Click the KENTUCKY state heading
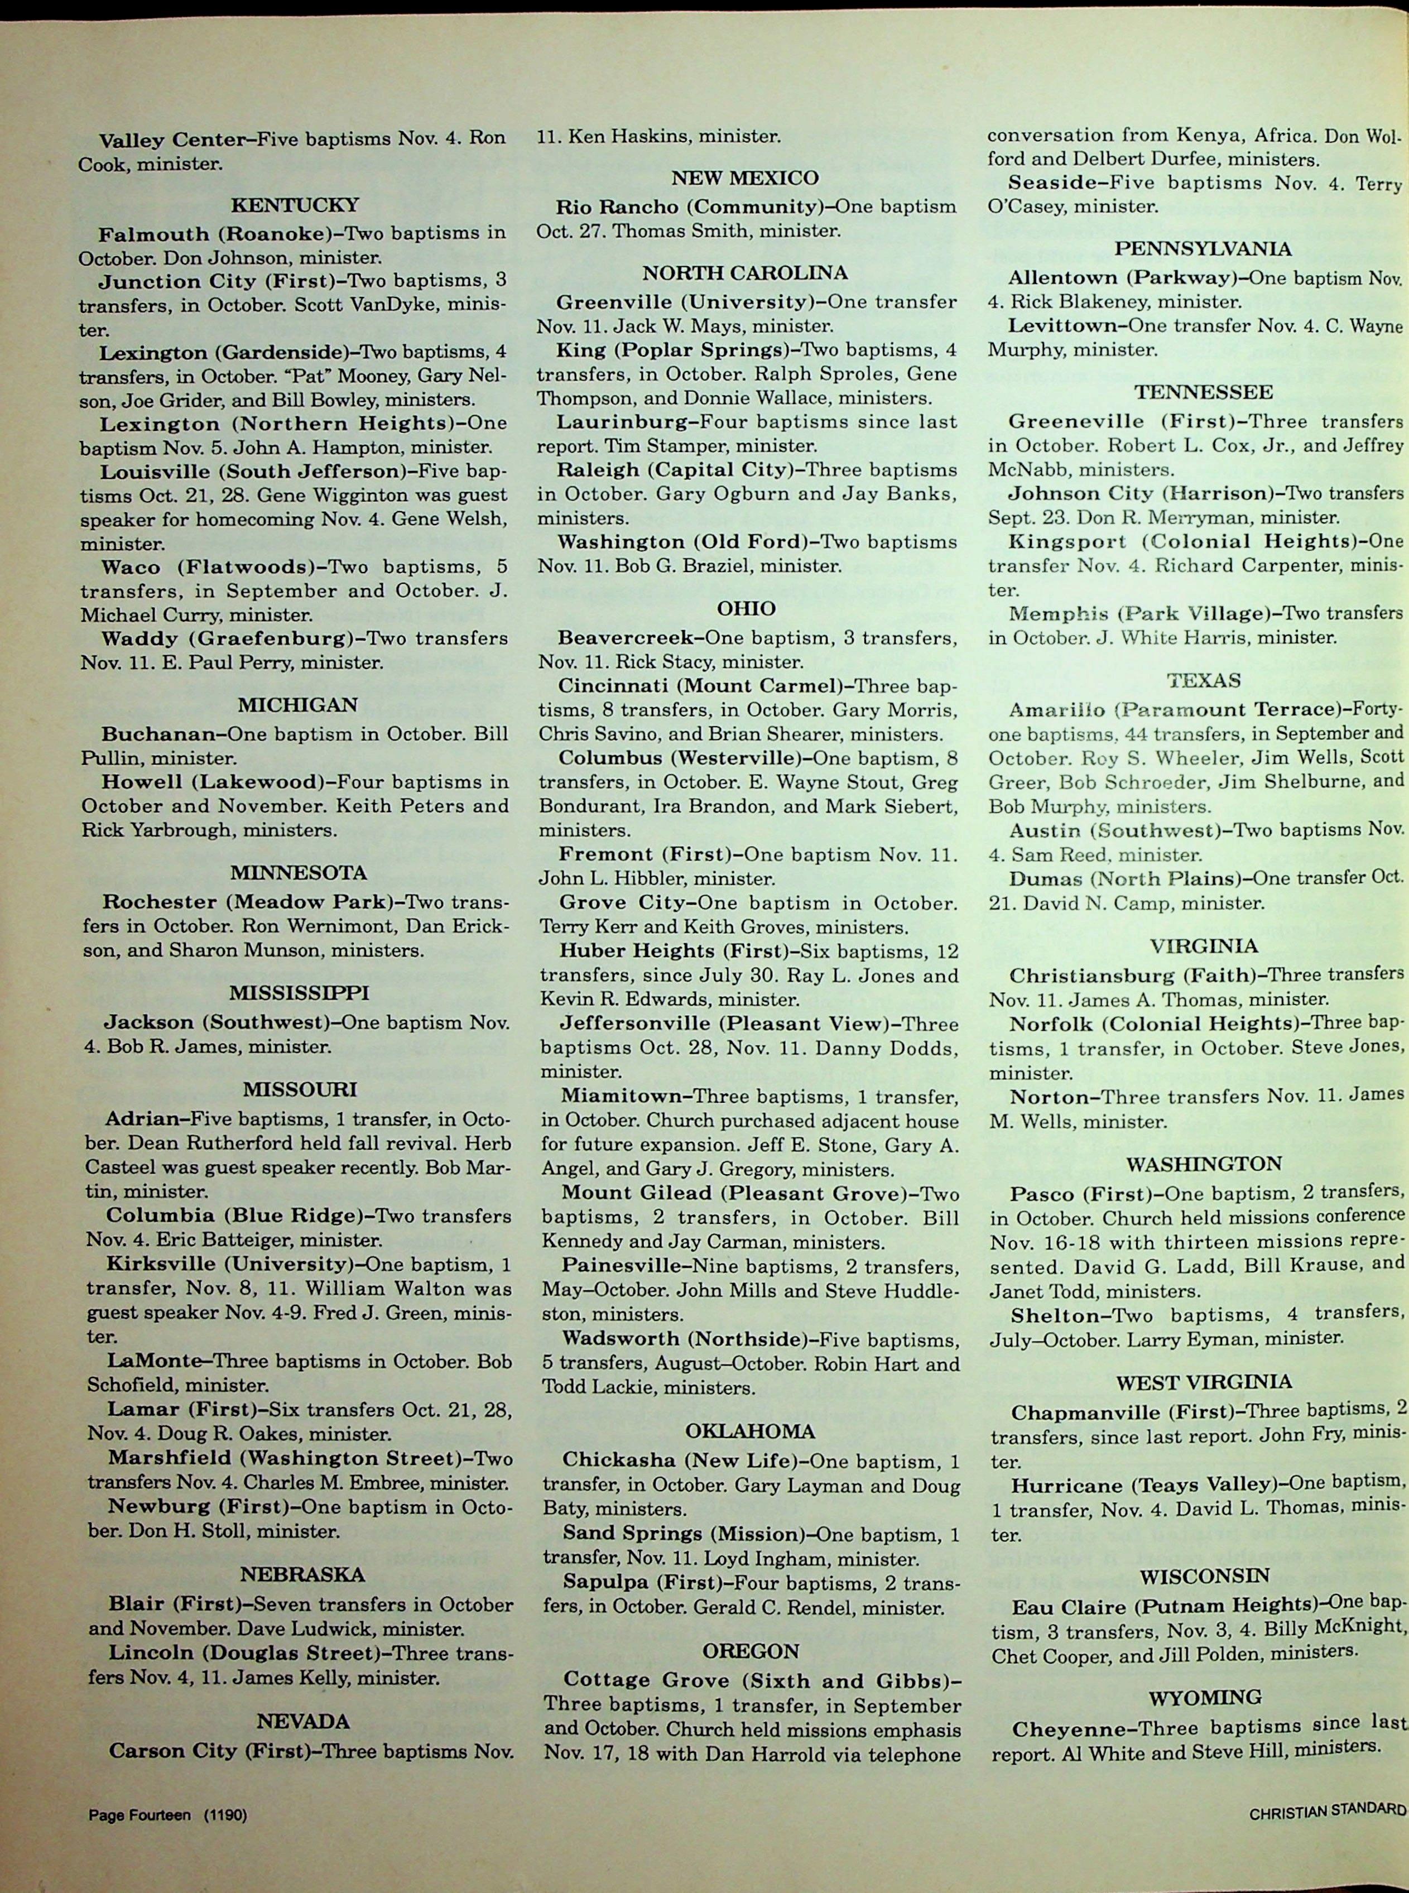295,205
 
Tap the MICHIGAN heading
297,705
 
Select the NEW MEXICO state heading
744,177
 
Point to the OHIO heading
746,608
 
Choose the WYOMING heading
1204,1674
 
